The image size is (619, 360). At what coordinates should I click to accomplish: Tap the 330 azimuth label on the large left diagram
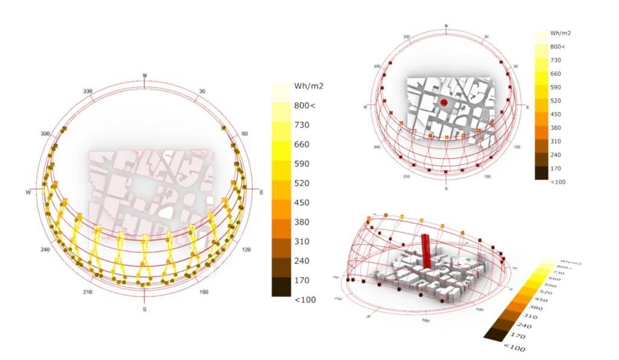click(88, 92)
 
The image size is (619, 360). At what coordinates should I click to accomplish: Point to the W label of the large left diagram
click(28, 192)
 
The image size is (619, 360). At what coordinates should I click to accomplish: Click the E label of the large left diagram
click(261, 192)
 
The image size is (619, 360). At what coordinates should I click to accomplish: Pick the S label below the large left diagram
click(144, 309)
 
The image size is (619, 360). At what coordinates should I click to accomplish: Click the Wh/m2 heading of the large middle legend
click(308, 86)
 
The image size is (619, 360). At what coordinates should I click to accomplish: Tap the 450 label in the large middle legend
click(302, 202)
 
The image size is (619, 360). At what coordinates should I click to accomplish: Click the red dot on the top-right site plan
click(444, 103)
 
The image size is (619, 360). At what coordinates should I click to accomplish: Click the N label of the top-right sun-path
click(446, 26)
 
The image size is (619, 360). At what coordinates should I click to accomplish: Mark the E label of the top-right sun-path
click(528, 106)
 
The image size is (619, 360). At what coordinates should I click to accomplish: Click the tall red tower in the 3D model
click(427, 251)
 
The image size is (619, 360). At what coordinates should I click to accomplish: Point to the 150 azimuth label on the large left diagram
click(204, 292)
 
